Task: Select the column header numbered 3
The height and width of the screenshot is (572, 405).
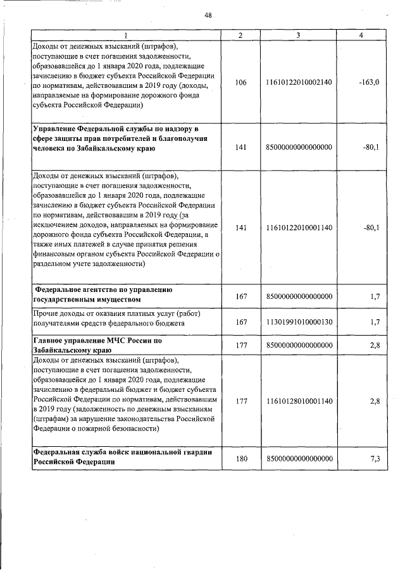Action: tap(297, 35)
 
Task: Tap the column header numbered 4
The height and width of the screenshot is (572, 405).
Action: tap(361, 35)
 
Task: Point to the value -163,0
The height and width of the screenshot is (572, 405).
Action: tap(368, 82)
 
